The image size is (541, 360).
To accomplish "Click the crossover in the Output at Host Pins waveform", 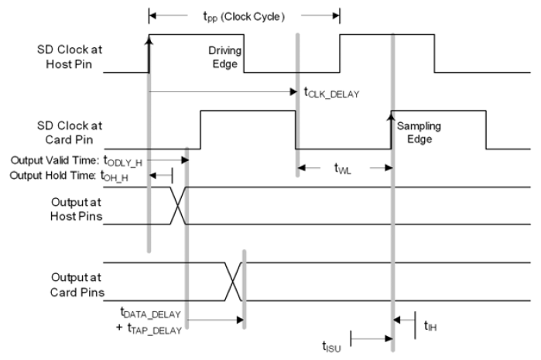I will [x=179, y=205].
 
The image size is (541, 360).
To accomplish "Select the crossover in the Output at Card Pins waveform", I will [x=234, y=281].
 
